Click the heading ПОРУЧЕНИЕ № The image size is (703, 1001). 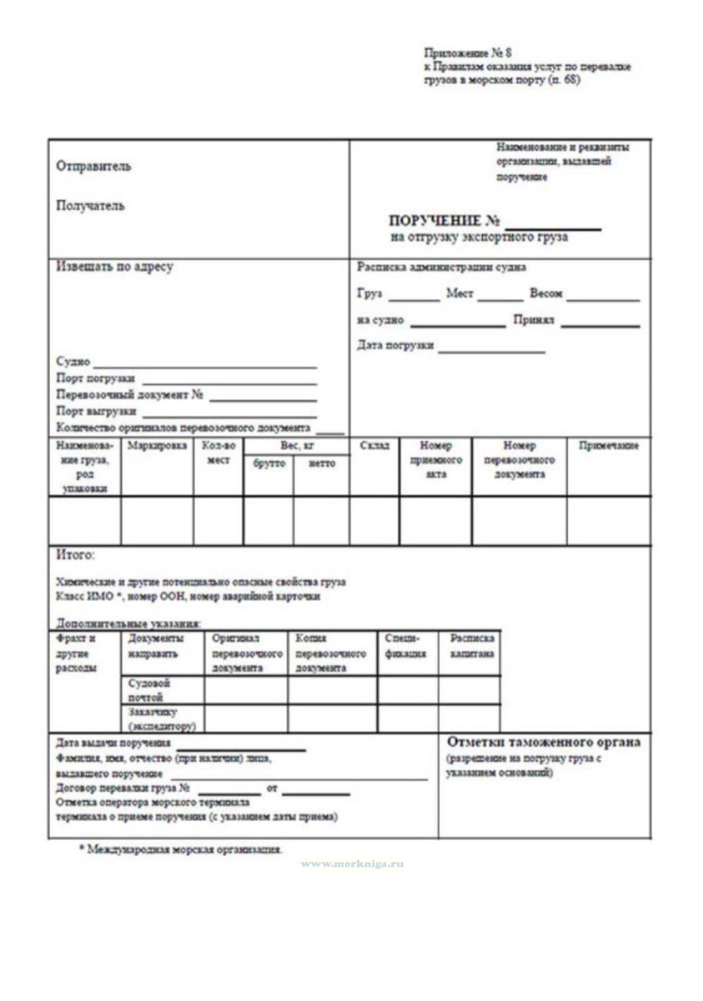coord(444,220)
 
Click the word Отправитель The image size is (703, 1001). coord(93,166)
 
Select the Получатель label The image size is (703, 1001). coord(90,206)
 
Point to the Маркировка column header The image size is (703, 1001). coord(157,446)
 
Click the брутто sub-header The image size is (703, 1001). coord(269,463)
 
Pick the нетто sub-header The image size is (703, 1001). coord(322,463)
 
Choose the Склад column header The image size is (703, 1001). coord(374,446)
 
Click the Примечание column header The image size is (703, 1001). coord(609,446)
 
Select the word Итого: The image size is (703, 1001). coord(75,555)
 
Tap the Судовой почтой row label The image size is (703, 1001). coord(148,690)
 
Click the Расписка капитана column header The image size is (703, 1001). coord(471,646)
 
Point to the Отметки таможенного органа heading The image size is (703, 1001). coord(543,742)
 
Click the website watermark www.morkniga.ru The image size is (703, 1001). coord(352,864)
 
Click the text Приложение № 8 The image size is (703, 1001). coord(467,53)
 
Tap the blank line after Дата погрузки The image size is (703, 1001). coord(492,351)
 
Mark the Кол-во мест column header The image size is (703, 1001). coord(218,453)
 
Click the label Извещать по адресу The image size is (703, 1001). coord(114,267)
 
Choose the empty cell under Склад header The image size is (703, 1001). coord(375,521)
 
